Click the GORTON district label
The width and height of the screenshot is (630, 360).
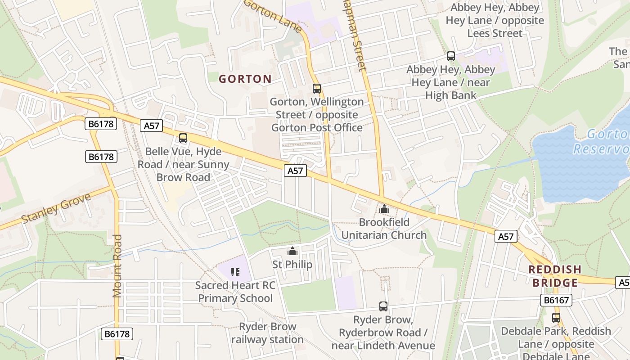tap(245, 79)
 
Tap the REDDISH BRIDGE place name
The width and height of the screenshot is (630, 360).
tap(555, 276)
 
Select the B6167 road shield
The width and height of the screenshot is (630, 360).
tap(556, 300)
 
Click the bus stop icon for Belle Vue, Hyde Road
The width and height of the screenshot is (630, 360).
tap(183, 138)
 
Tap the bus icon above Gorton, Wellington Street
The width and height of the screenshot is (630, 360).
tap(317, 89)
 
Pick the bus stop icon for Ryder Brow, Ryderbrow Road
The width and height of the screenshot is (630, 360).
tap(383, 306)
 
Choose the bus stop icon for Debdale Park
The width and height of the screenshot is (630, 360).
tap(556, 317)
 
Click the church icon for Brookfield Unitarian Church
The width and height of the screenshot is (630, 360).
tap(384, 209)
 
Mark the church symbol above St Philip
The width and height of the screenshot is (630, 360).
tap(292, 251)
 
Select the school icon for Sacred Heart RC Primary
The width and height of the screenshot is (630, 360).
tap(235, 272)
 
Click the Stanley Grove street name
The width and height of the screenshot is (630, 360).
tap(56, 208)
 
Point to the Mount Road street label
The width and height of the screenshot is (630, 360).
tap(117, 265)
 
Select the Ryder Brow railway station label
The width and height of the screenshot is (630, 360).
tap(267, 333)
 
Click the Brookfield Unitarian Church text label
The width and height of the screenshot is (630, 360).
tap(384, 229)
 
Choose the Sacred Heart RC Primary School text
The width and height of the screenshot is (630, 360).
tap(235, 292)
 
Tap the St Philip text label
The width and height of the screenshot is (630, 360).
tap(292, 264)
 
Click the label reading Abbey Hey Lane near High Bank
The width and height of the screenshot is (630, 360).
tap(450, 82)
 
